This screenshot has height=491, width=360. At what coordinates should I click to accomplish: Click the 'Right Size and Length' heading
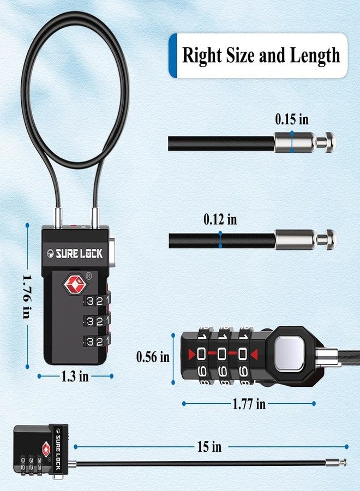[x=261, y=56]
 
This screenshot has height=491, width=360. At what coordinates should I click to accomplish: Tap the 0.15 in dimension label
[x=292, y=119]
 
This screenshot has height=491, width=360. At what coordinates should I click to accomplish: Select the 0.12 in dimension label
[x=220, y=219]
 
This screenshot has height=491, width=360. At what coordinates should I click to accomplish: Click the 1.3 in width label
[x=75, y=376]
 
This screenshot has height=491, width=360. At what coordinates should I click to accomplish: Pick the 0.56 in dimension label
[x=153, y=357]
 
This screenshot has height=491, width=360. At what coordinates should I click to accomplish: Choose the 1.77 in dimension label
[x=249, y=404]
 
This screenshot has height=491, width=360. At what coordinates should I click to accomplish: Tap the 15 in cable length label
[x=209, y=446]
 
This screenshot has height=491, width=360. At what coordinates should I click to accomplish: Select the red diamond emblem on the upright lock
[x=75, y=284]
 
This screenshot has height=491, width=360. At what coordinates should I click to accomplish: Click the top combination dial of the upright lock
[x=97, y=301]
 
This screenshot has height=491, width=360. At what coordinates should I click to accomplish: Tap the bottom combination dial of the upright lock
[x=97, y=340]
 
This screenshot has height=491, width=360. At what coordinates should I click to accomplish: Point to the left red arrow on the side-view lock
[x=192, y=354]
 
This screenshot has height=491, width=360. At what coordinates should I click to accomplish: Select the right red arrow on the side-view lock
[x=254, y=355]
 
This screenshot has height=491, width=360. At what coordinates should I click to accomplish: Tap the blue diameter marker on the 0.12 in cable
[x=220, y=239]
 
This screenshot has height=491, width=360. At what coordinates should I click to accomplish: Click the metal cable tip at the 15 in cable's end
[x=336, y=462]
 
